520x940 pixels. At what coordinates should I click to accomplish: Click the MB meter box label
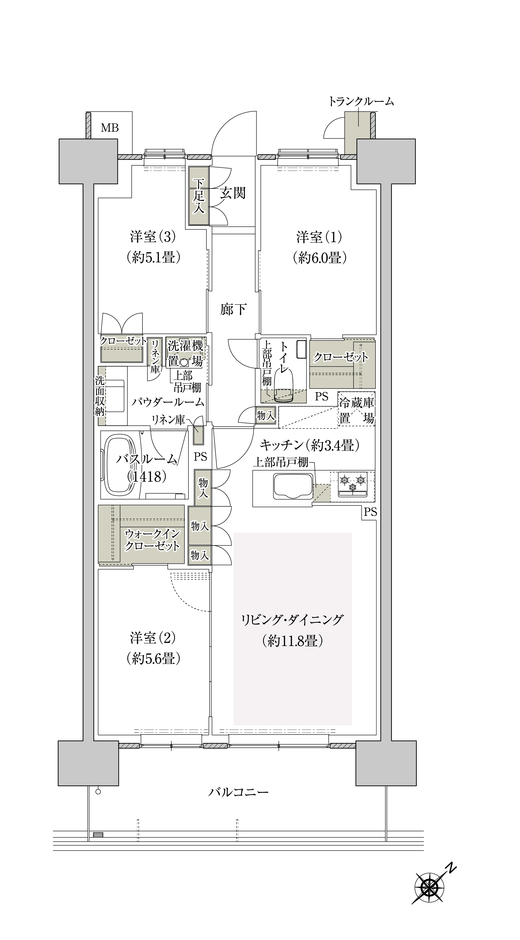(110, 128)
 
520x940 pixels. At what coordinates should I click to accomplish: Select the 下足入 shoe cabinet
(199, 196)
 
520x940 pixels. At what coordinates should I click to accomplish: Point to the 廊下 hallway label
(233, 309)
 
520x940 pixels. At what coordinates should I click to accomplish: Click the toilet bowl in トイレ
(284, 387)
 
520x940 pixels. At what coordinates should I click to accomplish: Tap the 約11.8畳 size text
(292, 641)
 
